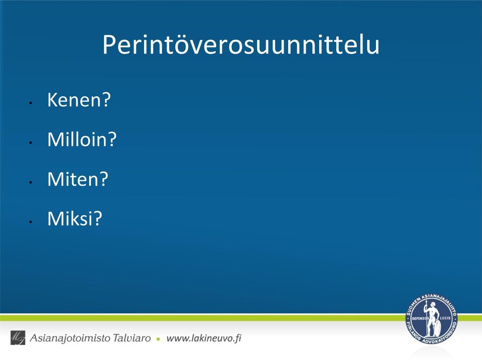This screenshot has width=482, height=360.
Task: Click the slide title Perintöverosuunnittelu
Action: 241,45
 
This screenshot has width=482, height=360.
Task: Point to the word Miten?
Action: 78,179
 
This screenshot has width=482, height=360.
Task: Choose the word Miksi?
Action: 75,218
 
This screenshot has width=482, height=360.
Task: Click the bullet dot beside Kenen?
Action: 31,103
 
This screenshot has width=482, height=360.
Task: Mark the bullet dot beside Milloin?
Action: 31,143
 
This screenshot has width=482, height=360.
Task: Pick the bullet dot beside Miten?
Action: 31,182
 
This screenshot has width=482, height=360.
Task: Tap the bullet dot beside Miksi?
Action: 31,222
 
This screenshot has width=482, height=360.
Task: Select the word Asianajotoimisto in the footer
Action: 70,338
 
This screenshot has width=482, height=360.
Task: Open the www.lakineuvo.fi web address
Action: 204,338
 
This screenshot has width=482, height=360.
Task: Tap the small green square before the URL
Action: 158,339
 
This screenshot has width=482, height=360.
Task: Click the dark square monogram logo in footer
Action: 18,337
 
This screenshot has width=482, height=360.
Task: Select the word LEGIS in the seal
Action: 445,318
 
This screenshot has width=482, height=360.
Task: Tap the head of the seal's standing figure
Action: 433,304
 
